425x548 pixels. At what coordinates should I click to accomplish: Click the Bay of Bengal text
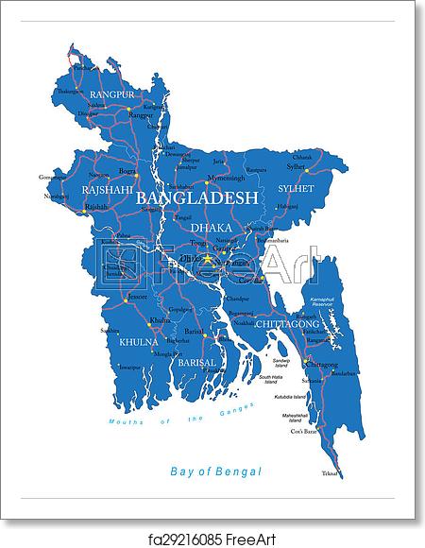[x=214, y=470]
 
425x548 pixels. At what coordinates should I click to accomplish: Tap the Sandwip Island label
[x=289, y=364]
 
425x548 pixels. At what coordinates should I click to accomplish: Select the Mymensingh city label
[x=227, y=178]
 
